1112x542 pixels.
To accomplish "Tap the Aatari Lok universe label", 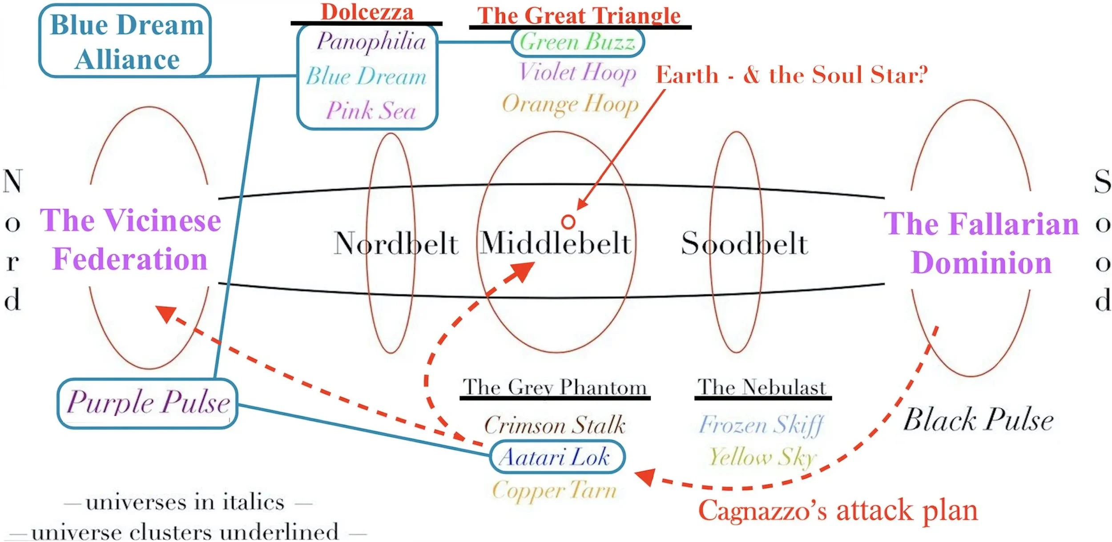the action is (x=554, y=457).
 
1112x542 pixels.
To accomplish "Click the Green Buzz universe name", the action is (x=577, y=42).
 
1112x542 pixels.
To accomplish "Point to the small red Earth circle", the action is (x=568, y=222).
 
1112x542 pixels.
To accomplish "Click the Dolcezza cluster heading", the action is (x=367, y=12).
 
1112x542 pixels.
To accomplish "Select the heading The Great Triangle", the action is (x=579, y=16).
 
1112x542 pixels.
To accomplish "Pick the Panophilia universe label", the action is (x=371, y=41).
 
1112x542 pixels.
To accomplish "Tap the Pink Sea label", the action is (x=371, y=110).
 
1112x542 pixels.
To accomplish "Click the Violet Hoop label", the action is (x=578, y=72).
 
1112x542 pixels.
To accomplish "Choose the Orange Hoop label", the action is (x=570, y=104).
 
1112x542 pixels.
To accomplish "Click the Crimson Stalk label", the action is (x=555, y=425).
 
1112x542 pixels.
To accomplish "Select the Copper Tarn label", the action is (x=554, y=490).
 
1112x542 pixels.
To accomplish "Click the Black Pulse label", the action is (x=978, y=420).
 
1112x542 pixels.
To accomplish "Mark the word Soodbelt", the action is (x=745, y=243).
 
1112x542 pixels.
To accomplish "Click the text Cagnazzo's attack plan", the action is (x=838, y=510).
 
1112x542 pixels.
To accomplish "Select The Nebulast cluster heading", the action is (x=762, y=387).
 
